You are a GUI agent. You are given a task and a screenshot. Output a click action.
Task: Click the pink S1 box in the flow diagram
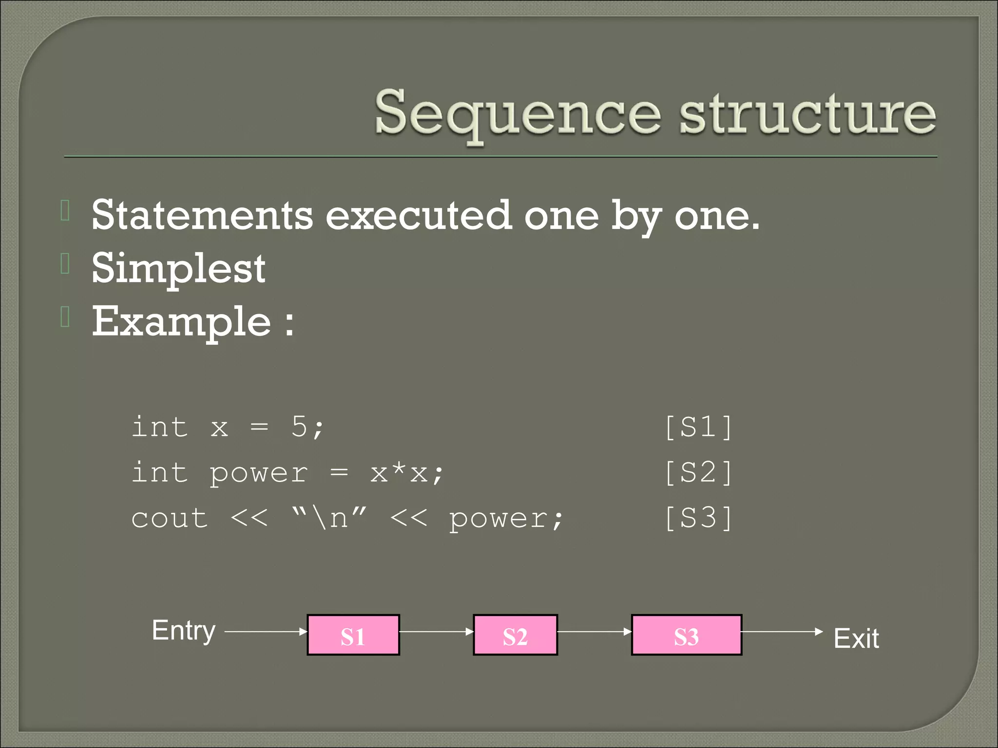point(353,635)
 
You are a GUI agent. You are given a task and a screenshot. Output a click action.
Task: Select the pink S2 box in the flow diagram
point(515,635)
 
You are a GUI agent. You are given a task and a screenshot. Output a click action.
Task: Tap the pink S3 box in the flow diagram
point(686,635)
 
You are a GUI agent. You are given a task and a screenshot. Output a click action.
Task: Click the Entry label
point(184,631)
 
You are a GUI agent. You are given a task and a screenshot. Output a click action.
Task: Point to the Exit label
point(856,638)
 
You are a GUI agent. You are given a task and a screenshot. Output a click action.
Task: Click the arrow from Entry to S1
point(266,632)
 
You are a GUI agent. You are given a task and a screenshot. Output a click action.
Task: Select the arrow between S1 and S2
point(436,632)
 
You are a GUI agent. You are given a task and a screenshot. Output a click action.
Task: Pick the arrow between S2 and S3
point(594,632)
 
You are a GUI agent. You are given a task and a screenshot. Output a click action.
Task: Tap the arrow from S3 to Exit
point(782,632)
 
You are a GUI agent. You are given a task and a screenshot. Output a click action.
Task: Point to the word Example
point(181,322)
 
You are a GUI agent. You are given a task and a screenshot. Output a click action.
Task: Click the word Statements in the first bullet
point(202,215)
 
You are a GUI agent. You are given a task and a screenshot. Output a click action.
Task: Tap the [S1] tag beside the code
point(698,427)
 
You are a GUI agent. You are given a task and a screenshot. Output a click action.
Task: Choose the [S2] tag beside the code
point(698,472)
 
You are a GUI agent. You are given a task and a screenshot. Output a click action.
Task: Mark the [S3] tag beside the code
point(698,518)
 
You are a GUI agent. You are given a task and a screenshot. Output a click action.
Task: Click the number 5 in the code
point(299,427)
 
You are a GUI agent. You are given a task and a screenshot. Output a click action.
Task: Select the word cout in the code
point(170,518)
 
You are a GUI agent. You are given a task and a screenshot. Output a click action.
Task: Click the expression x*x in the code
point(399,473)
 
